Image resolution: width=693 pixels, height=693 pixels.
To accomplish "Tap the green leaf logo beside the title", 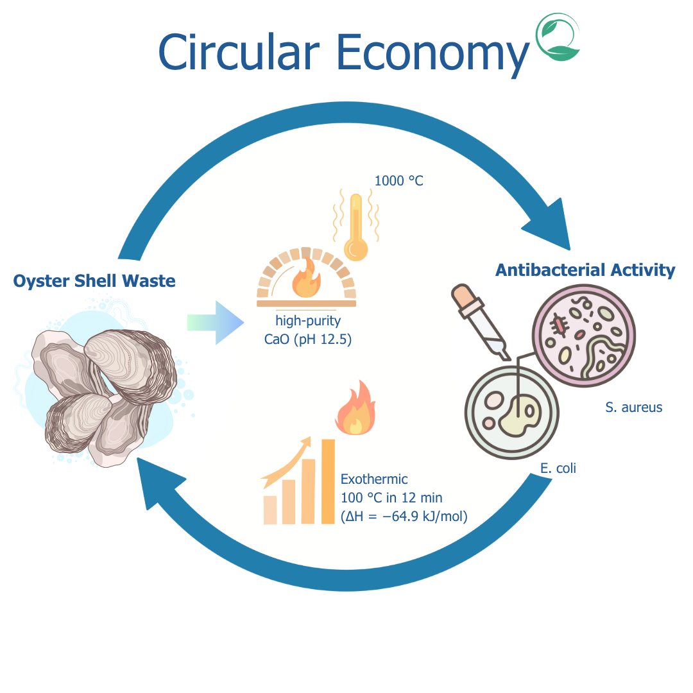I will [558, 38].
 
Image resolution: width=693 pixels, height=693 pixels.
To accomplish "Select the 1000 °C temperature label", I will [398, 181].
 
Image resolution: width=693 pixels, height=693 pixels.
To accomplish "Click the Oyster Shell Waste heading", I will [94, 280].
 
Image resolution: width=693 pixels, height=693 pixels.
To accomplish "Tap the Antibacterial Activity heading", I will [585, 270].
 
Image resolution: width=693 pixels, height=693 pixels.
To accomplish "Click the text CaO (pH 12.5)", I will [308, 339].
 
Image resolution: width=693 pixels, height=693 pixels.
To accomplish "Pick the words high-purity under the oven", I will [308, 321].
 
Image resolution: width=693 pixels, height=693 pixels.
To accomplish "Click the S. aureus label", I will [633, 407].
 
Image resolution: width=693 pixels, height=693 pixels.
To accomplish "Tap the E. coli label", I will [558, 468].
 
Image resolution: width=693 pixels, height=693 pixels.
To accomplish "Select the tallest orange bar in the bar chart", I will [328, 481].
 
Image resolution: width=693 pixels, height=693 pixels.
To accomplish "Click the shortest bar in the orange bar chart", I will [270, 509].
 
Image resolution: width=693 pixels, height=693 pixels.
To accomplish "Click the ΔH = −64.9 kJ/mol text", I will [404, 516].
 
